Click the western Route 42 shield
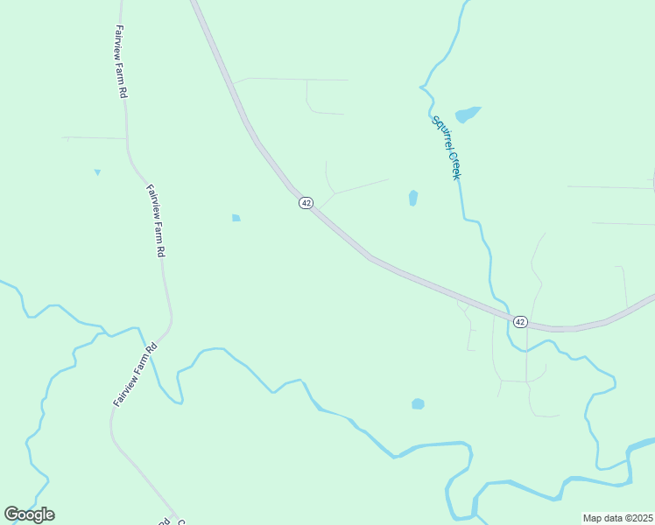pos(306,202)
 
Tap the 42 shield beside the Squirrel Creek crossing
pos(520,322)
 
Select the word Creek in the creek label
pos(454,164)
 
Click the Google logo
pos(29,514)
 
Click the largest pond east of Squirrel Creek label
pos(468,114)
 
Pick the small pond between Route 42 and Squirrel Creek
pos(413,198)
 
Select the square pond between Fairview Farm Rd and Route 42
pos(236,217)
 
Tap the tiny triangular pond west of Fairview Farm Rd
pos(97,171)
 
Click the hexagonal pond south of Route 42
pos(418,403)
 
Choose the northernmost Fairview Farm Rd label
pos(119,59)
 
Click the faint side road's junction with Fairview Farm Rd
pos(127,138)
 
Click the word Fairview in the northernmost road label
pos(118,40)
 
